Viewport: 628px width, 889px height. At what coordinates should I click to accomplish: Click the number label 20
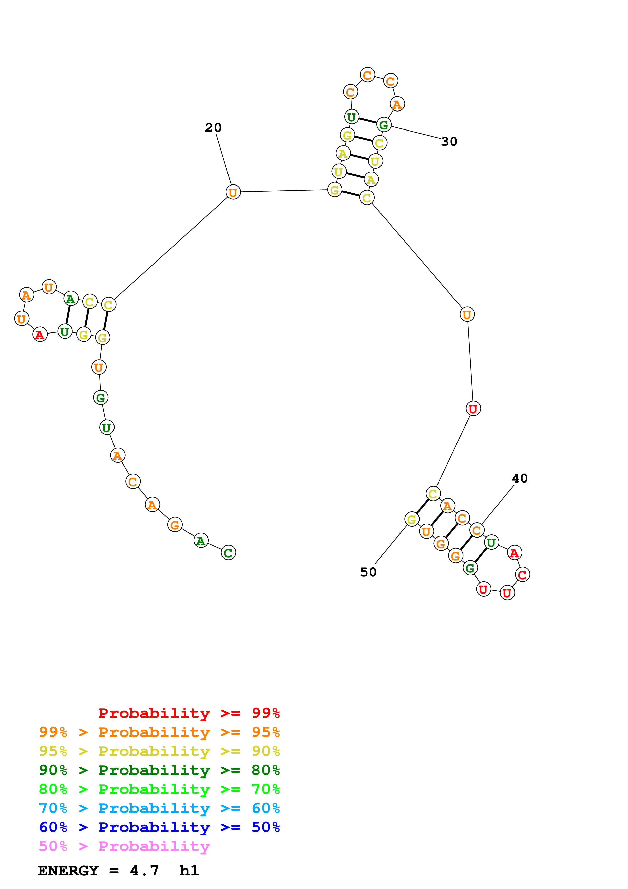point(213,127)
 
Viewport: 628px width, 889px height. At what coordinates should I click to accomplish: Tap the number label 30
point(449,142)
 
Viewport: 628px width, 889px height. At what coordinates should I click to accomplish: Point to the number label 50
point(368,572)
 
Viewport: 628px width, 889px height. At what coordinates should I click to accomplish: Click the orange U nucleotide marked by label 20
point(233,192)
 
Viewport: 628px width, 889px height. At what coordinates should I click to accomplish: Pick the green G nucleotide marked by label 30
point(384,125)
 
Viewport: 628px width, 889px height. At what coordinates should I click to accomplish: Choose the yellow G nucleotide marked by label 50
point(412,519)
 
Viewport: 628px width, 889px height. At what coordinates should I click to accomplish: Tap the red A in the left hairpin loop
point(40,335)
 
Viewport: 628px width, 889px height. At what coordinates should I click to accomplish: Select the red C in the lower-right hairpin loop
point(522,575)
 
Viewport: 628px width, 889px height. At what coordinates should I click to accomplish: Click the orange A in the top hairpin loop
point(397,104)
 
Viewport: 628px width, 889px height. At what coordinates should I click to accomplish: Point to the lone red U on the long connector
point(473,409)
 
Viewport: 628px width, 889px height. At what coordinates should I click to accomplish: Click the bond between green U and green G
point(368,120)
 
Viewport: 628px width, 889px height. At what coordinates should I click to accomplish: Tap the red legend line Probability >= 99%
point(189,713)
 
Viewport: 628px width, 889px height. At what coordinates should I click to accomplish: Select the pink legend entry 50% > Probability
point(124,846)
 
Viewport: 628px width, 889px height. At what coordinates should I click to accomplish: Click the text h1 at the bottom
point(189,871)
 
